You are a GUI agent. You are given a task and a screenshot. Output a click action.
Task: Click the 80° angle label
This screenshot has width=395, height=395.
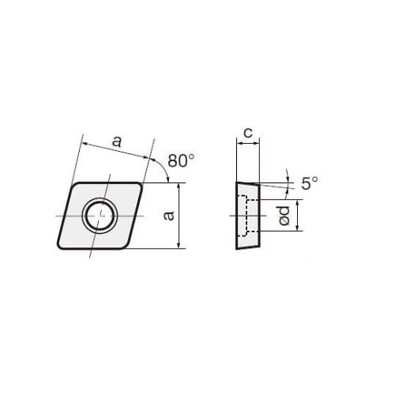[181, 160]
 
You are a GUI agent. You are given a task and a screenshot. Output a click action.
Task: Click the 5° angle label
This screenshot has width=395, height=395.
[310, 183]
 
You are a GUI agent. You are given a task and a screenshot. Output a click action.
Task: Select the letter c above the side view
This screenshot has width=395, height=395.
[248, 133]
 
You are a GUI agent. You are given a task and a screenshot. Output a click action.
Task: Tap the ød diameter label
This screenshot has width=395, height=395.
[284, 216]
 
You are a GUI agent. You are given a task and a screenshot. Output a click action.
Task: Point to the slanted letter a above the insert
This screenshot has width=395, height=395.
[117, 141]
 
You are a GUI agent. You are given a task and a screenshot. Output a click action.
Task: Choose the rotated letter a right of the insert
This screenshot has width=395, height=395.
[168, 215]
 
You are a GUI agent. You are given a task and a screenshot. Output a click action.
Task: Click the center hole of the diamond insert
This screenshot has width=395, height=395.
[99, 216]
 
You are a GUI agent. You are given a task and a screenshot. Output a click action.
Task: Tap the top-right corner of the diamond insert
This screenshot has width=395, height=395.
[141, 183]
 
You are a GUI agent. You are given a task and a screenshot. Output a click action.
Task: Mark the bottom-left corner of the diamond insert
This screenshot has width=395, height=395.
[58, 247]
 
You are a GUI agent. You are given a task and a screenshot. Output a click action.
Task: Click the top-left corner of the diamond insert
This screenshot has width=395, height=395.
[74, 183]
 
